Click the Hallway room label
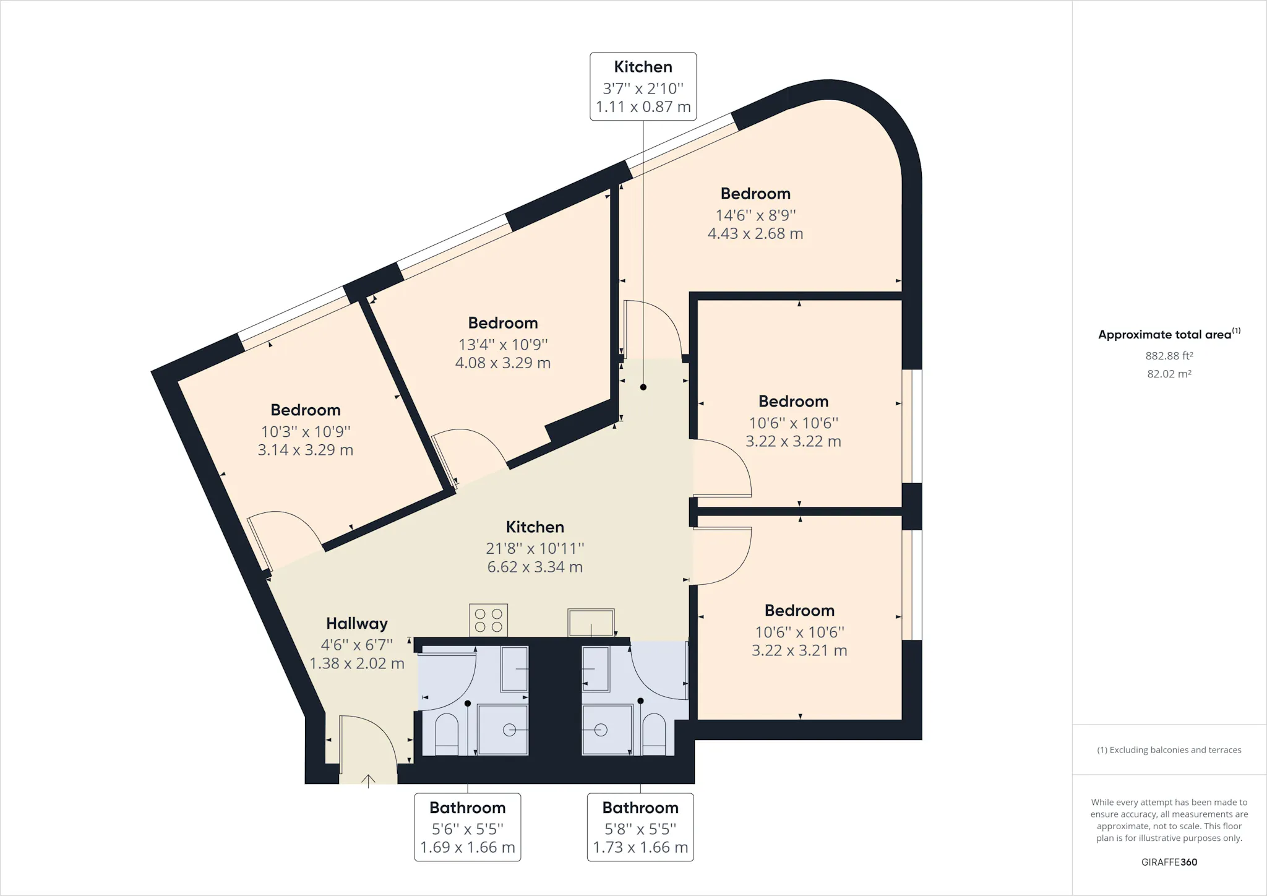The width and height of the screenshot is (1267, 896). coord(357,623)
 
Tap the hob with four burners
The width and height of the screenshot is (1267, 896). coord(489,620)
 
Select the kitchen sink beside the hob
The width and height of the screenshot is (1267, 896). coord(591,622)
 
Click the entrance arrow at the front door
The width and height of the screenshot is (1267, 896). coord(369,781)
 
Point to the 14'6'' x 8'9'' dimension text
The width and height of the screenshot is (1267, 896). coord(755,215)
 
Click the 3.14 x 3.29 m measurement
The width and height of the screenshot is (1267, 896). coord(306,450)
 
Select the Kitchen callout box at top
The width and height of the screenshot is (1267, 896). coord(643,87)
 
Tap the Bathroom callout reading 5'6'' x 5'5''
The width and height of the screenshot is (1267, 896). coord(468,827)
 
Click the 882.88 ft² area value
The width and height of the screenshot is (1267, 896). coord(1169,356)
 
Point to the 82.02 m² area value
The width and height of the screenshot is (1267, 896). coord(1169,374)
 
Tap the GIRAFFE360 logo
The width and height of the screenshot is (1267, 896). coord(1169,862)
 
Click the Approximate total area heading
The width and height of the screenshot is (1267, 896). coord(1169,334)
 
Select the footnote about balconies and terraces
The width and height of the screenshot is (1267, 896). coord(1169,750)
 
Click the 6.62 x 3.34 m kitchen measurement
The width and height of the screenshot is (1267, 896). coord(535,567)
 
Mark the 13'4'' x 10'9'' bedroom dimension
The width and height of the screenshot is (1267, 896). coord(503,345)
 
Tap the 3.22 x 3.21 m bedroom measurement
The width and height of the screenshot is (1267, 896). coord(799,650)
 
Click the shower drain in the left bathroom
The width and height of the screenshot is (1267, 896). coord(509,730)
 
